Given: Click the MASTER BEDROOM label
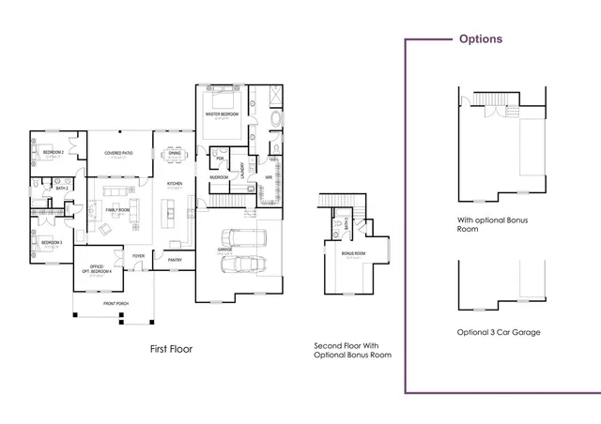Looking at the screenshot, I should (223, 114).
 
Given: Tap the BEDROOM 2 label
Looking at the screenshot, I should (53, 151).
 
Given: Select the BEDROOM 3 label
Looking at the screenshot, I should (52, 242).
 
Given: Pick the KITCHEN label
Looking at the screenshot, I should (175, 183).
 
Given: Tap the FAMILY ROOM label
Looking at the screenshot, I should (117, 183).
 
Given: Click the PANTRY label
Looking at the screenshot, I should (176, 260).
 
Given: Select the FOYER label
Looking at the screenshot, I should (138, 255).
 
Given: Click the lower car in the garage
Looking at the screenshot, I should (239, 265).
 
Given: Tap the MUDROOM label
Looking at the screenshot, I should (219, 176).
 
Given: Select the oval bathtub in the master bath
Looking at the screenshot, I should (275, 120).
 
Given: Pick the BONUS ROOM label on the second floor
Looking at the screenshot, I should (353, 253).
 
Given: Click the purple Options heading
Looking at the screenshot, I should (479, 39).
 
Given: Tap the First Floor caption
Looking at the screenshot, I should (171, 349).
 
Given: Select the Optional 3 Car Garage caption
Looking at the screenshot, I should (498, 333).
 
